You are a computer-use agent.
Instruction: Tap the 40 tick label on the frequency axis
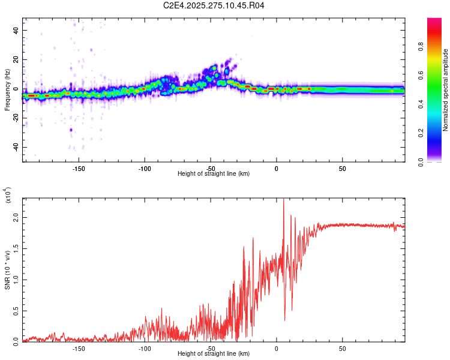(16, 31)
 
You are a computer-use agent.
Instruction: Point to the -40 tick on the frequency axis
(14, 147)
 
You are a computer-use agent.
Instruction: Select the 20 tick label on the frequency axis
(16, 60)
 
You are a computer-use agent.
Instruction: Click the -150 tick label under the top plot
(79, 168)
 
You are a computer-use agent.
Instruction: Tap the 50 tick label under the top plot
(342, 168)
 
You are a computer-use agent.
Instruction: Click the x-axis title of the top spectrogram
(214, 173)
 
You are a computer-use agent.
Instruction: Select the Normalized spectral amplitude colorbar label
(445, 90)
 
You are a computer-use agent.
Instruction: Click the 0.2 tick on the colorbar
(439, 133)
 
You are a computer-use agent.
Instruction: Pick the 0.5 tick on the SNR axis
(16, 311)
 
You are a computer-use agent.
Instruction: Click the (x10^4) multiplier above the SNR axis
(7, 196)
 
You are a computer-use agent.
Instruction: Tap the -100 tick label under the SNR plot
(144, 348)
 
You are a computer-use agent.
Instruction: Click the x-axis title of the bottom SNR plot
(214, 353)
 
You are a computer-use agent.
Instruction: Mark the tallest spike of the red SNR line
(283, 200)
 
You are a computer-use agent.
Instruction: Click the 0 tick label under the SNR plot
(276, 348)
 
